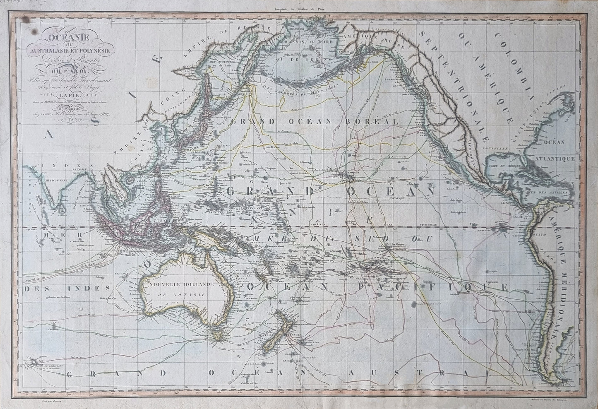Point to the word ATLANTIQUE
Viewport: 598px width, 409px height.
tap(553, 158)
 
